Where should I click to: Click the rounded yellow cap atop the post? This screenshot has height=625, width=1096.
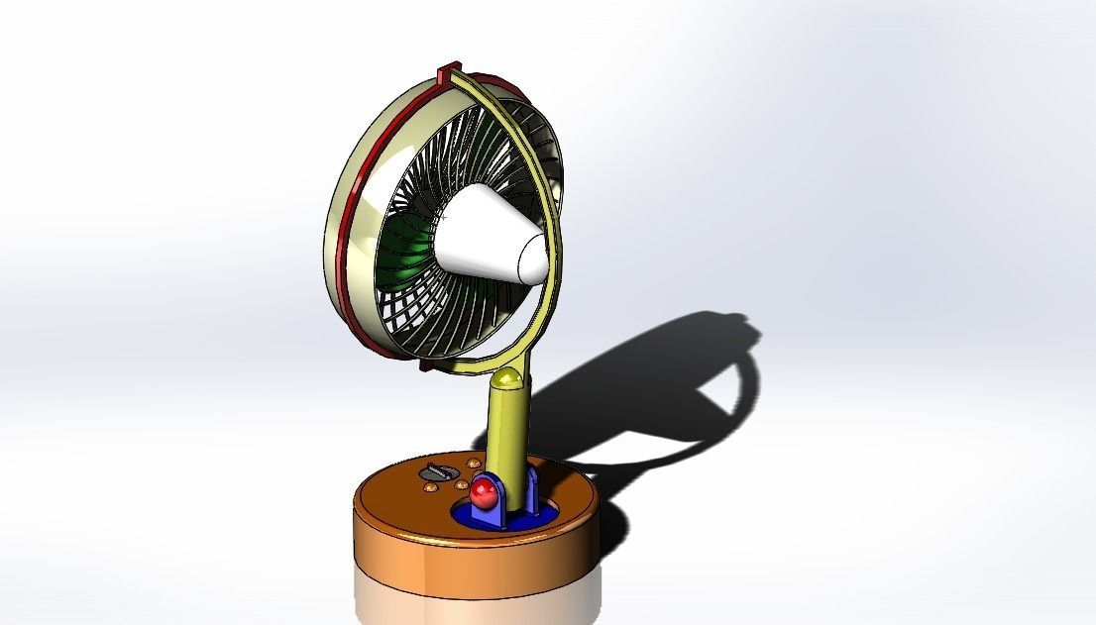pyautogui.click(x=507, y=377)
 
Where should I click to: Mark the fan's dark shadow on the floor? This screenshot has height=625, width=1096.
pyautogui.click(x=654, y=396)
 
